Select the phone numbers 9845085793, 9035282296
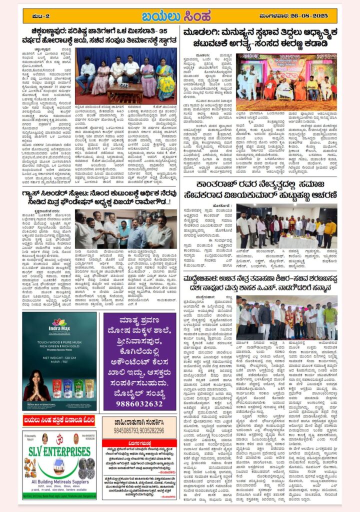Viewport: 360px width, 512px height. pyautogui.click(x=139, y=430)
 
